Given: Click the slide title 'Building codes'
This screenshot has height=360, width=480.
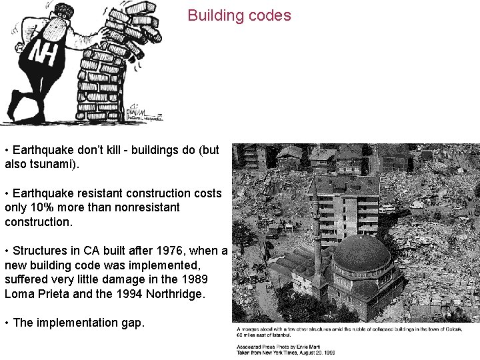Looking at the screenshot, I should (x=239, y=15).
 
